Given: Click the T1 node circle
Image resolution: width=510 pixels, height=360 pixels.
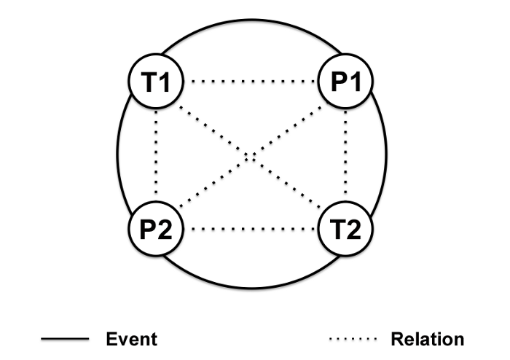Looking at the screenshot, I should [156, 82].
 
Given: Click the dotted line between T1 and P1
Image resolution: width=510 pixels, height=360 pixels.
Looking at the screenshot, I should [251, 82].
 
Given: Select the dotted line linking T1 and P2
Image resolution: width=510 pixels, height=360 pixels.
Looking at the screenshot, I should [156, 156].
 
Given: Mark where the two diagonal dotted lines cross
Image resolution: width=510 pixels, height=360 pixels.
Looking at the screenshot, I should [251, 156].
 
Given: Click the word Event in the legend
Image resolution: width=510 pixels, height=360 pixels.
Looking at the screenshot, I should [131, 339].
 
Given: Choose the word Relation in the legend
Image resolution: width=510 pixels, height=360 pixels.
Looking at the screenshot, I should [427, 339].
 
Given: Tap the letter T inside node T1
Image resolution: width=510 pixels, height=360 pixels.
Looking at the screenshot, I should [149, 82].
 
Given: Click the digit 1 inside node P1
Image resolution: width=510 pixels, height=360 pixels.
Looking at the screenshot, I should [355, 82].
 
